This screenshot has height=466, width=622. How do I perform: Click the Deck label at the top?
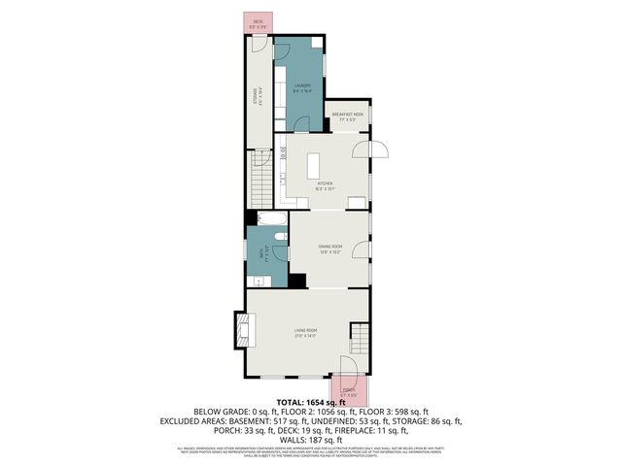pyautogui.click(x=258, y=21)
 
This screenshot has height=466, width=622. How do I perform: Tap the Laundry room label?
pyautogui.click(x=302, y=86)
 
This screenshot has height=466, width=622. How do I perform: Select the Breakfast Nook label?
pyautogui.click(x=347, y=116)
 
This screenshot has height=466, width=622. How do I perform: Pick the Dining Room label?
pyautogui.click(x=330, y=248)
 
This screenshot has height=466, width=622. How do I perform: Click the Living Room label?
pyautogui.click(x=306, y=332)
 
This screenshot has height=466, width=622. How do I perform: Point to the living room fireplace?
pyautogui.click(x=242, y=331)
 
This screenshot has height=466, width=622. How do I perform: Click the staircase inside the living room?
pyautogui.click(x=360, y=339)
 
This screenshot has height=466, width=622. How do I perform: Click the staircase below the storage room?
pyautogui.click(x=259, y=175)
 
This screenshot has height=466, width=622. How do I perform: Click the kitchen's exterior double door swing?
pyautogui.click(x=371, y=150)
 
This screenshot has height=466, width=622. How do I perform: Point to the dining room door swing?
pyautogui.click(x=363, y=250)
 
